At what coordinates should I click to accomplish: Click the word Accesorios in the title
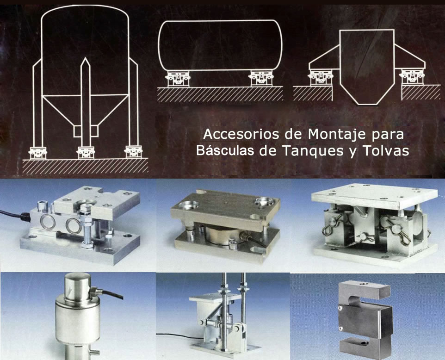click(241, 134)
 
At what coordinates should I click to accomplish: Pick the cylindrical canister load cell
click(77, 316)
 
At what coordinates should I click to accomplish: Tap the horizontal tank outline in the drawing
click(220, 45)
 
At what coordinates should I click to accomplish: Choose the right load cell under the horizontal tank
click(261, 78)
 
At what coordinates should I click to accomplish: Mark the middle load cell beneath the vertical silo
click(86, 152)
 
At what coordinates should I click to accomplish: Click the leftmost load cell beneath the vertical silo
click(38, 152)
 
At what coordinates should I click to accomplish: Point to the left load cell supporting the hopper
click(321, 77)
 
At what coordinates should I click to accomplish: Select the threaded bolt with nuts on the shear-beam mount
click(86, 226)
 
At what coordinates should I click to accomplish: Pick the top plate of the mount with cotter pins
click(374, 196)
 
